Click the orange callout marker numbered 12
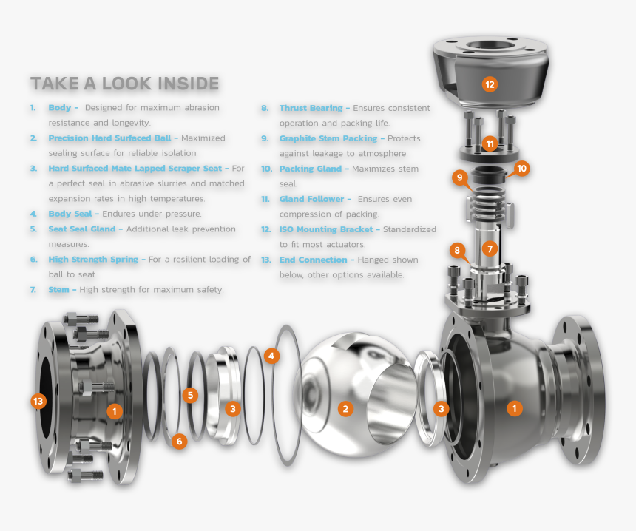click(x=490, y=84)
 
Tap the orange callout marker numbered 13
click(x=38, y=401)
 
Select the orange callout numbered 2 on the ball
click(x=345, y=408)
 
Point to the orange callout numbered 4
click(x=271, y=356)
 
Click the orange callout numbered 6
click(x=179, y=441)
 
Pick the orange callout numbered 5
click(x=190, y=395)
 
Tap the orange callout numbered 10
click(x=521, y=169)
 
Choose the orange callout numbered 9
click(x=459, y=177)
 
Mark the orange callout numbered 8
click(x=457, y=250)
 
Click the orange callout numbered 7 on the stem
click(x=490, y=248)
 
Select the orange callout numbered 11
click(x=490, y=143)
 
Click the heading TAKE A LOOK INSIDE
click(x=124, y=84)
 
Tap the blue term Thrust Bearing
click(x=311, y=108)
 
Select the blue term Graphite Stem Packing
click(x=328, y=138)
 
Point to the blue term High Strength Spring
click(x=93, y=259)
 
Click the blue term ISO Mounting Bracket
click(x=326, y=229)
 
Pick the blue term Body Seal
click(x=70, y=214)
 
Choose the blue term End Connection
click(x=313, y=260)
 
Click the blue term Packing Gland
click(x=311, y=169)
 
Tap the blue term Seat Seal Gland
click(x=82, y=229)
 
